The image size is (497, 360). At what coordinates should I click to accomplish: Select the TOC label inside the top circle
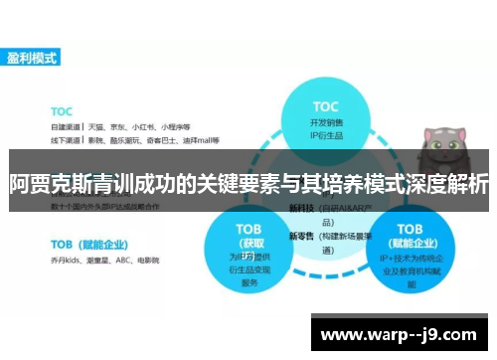click(x=326, y=105)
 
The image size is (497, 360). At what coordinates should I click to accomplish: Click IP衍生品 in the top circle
click(x=326, y=135)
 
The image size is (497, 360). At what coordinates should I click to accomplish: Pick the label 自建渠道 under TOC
click(x=65, y=126)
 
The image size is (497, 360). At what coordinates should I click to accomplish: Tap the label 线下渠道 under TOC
click(x=65, y=140)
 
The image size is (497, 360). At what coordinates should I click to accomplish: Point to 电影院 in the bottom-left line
click(x=148, y=259)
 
